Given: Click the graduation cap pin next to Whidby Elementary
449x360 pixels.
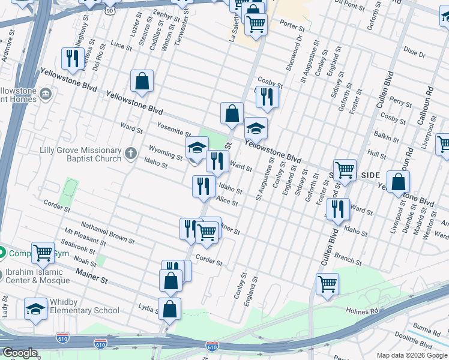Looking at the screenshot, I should tap(35, 309).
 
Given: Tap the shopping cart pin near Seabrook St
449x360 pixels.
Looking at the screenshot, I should tap(43, 253).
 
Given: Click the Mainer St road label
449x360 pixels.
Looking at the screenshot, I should tap(91, 276).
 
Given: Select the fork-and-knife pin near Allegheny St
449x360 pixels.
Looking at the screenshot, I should tap(71, 58).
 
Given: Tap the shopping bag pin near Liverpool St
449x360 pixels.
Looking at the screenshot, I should tap(398, 181).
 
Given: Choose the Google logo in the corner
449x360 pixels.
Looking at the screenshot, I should tap(20, 353).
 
